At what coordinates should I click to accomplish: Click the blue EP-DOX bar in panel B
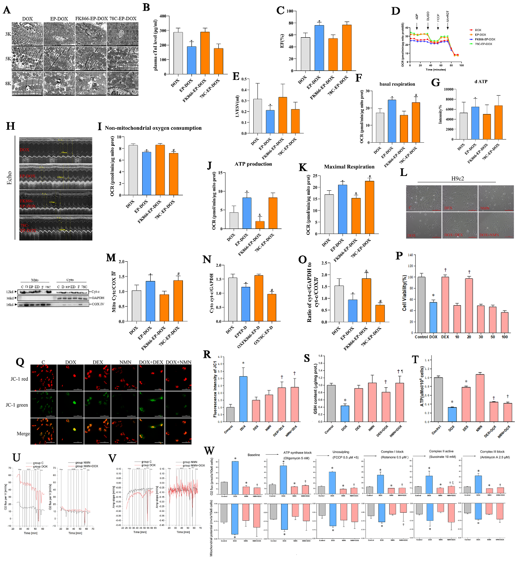click(191, 60)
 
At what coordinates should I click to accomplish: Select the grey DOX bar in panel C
click(305, 54)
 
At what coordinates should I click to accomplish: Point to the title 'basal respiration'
click(397, 84)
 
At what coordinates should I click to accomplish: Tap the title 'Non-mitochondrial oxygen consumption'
click(153, 128)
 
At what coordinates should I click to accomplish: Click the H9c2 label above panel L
click(457, 178)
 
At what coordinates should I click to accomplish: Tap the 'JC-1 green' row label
click(17, 404)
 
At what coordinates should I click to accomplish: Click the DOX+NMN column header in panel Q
click(178, 362)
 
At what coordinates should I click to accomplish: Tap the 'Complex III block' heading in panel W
click(492, 452)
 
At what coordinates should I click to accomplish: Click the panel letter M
click(111, 258)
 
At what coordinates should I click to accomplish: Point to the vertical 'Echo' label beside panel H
click(9, 178)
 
